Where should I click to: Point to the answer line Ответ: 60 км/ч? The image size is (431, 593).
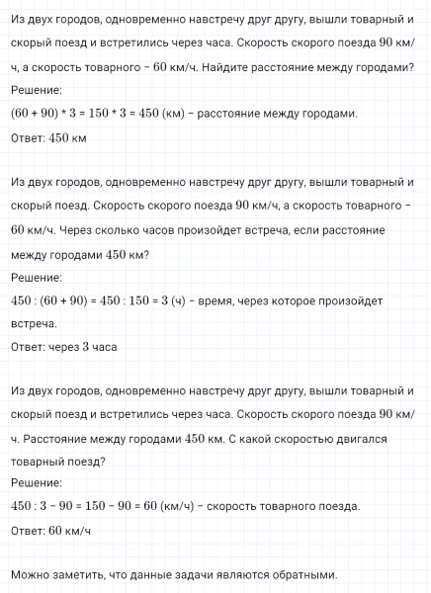point(50,530)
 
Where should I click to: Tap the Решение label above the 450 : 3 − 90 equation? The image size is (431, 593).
point(36,482)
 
